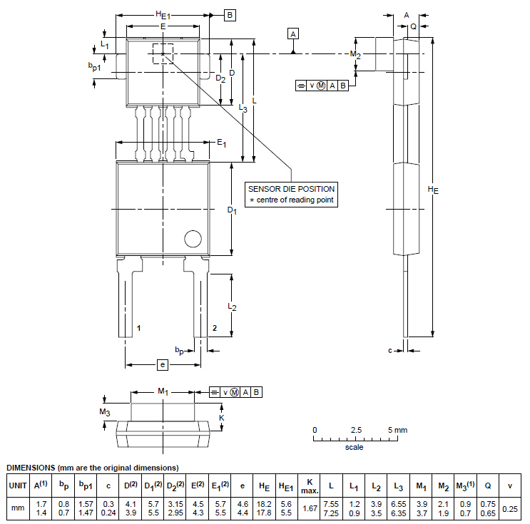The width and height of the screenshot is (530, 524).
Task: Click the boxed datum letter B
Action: [230, 15]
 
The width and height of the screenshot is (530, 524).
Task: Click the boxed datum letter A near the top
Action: [293, 34]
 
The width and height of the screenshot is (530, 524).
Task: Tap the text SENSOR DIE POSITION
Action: [291, 189]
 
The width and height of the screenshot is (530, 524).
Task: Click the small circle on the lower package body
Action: [193, 239]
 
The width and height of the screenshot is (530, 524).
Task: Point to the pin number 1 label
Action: [138, 328]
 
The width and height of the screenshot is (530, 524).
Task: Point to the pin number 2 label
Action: [215, 328]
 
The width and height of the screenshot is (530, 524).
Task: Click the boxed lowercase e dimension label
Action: [163, 365]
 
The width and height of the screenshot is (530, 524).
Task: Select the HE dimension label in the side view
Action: [433, 190]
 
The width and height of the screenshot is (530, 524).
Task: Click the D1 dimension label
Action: [232, 210]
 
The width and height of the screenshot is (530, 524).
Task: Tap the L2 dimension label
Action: [232, 307]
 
